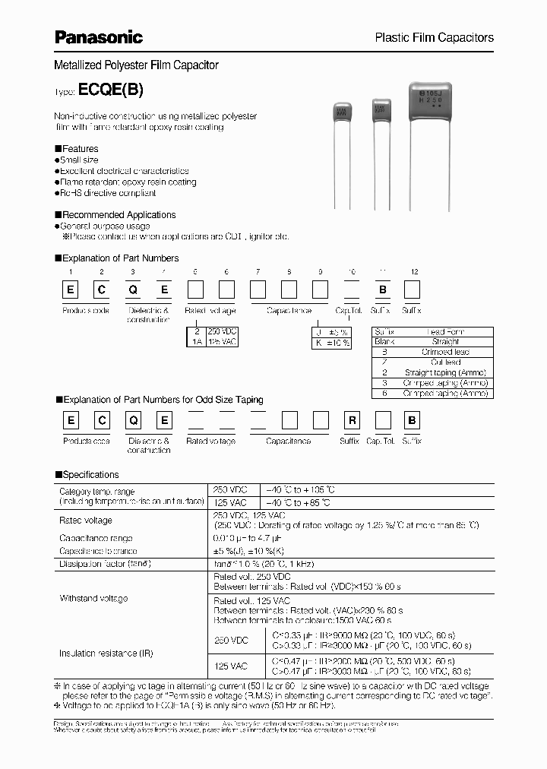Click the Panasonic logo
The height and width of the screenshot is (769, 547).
(98, 36)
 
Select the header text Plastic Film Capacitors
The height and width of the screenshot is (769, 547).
(435, 37)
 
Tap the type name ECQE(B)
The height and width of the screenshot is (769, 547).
(110, 89)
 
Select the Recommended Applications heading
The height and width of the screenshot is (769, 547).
(118, 215)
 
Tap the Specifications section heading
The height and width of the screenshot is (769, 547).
(90, 474)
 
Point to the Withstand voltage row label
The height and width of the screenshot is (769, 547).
(93, 599)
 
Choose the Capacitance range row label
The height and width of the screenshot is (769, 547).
(93, 537)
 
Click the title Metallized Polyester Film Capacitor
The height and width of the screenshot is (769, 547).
(136, 66)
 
